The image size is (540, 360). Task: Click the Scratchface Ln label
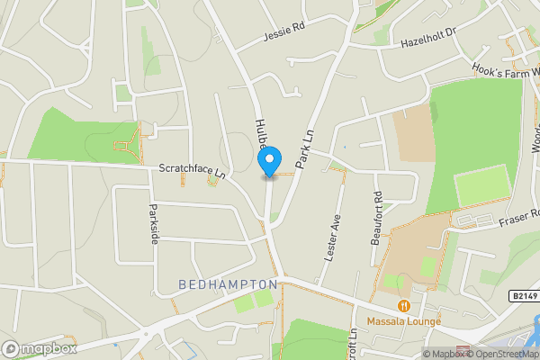click(191, 168)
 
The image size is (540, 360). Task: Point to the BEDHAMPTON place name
click(228, 284)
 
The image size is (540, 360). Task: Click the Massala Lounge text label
click(403, 321)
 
